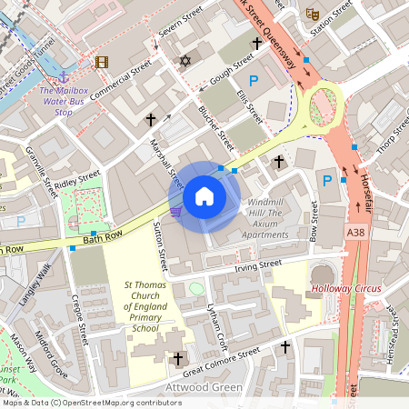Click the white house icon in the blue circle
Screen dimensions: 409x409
204,195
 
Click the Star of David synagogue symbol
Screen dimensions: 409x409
186,61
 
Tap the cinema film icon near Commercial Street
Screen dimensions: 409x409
101,63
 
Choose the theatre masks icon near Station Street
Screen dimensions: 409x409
312,14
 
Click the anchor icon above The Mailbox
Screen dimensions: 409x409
65,78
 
